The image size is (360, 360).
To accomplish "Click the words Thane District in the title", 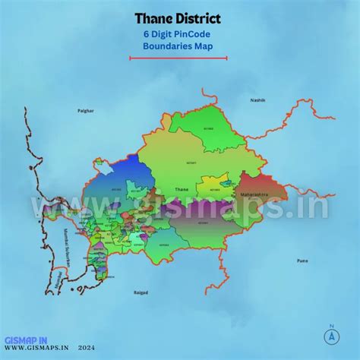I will [x=178, y=18].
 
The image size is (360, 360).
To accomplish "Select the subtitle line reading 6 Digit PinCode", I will [x=177, y=34].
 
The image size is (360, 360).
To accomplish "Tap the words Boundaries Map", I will [x=178, y=46].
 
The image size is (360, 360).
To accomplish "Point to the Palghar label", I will [x=86, y=111].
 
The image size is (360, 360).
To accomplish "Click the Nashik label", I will [x=259, y=100].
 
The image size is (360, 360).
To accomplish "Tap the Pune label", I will [x=302, y=260].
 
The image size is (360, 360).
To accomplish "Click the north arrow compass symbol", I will [x=332, y=339].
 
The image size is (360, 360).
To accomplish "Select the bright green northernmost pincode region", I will [x=194, y=133].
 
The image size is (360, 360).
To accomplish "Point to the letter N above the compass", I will [x=332, y=327].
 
